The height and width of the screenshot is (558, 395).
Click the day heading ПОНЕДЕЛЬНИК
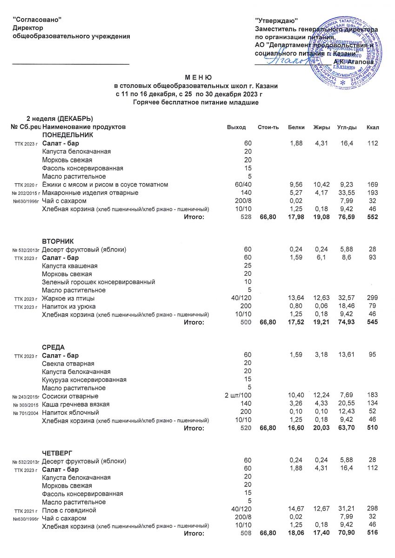click(x=68, y=135)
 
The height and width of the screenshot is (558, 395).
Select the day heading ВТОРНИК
click(x=58, y=240)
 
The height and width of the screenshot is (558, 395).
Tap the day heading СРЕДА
click(x=54, y=347)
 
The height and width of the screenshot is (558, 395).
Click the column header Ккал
click(x=373, y=127)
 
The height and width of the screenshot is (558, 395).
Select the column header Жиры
click(x=321, y=127)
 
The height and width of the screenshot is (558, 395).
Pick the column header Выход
click(x=236, y=127)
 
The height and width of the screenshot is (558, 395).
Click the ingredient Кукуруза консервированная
click(x=84, y=379)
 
